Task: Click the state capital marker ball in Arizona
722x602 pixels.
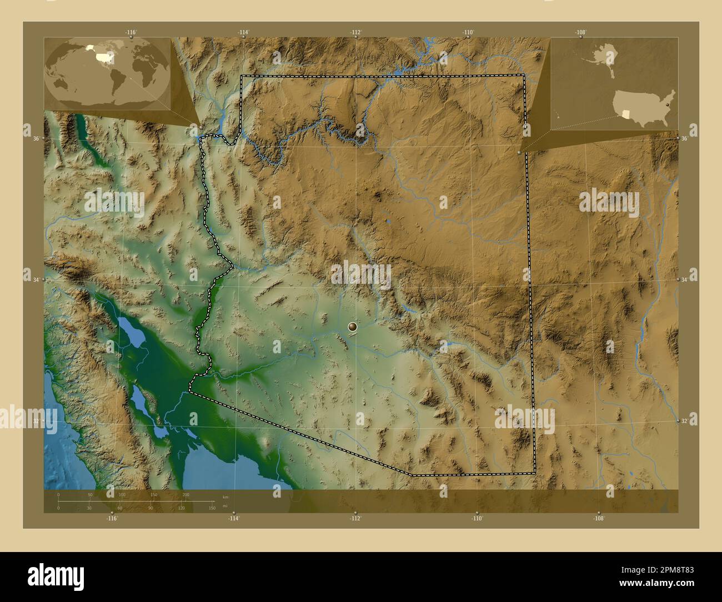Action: click(353, 327)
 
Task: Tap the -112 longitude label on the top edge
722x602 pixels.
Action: click(356, 32)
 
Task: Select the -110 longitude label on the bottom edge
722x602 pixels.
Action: click(477, 518)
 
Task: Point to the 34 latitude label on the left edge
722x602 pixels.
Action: click(36, 279)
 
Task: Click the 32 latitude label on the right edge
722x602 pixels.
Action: click(685, 421)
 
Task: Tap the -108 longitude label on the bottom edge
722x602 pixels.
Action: click(598, 518)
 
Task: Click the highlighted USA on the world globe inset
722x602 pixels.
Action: click(103, 56)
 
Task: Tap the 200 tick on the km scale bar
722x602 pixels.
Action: click(185, 494)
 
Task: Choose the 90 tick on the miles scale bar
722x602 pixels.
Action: click(151, 508)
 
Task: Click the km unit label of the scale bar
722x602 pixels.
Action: click(225, 496)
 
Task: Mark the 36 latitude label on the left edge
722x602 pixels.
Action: click(36, 138)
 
